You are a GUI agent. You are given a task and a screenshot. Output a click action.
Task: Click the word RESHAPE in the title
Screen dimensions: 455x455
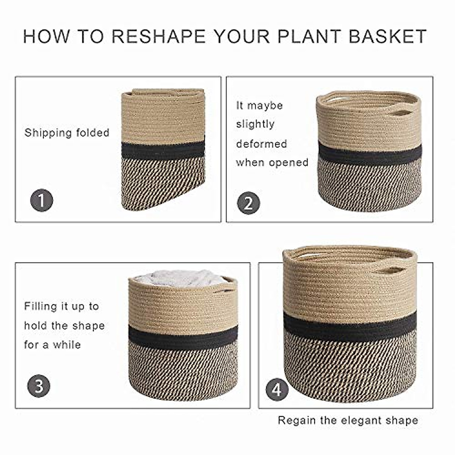click(158, 36)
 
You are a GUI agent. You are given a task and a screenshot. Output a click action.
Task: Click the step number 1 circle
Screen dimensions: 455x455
click(41, 201)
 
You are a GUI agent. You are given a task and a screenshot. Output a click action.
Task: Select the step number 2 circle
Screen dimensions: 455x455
click(248, 203)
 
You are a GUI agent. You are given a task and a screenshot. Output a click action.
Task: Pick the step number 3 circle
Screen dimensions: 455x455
click(39, 386)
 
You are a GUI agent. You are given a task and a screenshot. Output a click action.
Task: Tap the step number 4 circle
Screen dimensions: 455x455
click(277, 389)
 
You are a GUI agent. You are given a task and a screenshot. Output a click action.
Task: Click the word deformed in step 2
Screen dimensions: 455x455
click(261, 144)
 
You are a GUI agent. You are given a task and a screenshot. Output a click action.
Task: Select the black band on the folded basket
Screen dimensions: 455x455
click(163, 151)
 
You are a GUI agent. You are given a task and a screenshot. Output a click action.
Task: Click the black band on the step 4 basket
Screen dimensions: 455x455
click(350, 325)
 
